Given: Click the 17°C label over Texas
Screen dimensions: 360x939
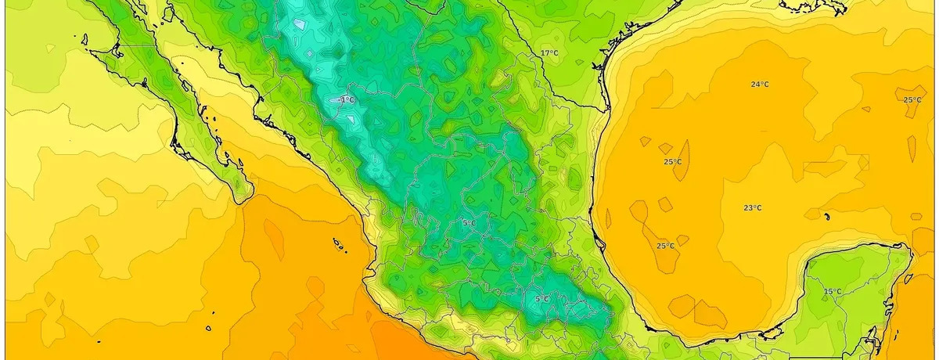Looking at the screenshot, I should pyautogui.click(x=549, y=53).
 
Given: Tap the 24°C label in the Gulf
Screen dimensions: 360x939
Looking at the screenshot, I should pyautogui.click(x=759, y=85).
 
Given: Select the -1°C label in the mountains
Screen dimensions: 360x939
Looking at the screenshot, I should pyautogui.click(x=347, y=100).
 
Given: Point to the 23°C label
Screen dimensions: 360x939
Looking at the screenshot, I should pyautogui.click(x=752, y=208).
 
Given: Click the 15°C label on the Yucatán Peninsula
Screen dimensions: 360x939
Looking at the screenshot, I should pyautogui.click(x=833, y=292).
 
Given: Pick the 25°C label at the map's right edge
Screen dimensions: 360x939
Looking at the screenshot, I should pyautogui.click(x=912, y=100).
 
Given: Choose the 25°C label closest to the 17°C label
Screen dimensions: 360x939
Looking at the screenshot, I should pyautogui.click(x=672, y=162).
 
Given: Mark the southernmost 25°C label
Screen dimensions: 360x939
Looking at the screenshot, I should pyautogui.click(x=665, y=246).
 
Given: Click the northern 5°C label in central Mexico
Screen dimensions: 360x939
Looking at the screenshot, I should pyautogui.click(x=469, y=224).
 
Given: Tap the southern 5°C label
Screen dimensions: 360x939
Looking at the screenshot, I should pyautogui.click(x=541, y=299).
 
